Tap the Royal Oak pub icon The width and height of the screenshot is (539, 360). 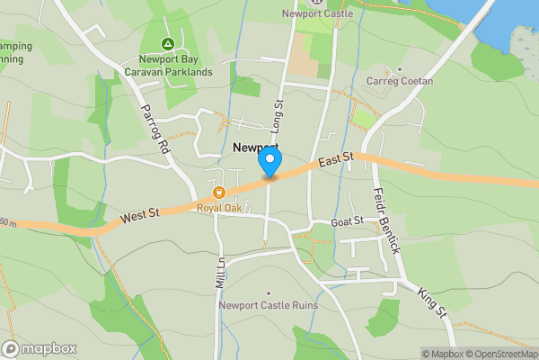pyautogui.click(x=219, y=192)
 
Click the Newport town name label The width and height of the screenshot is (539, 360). pyautogui.click(x=255, y=147)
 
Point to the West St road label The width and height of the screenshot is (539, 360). pyautogui.click(x=141, y=214)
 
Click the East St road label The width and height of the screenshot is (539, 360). pyautogui.click(x=335, y=159)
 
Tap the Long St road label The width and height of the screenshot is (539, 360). pyautogui.click(x=278, y=116)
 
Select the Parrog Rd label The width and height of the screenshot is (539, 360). pyautogui.click(x=155, y=131)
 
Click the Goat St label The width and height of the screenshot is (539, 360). pyautogui.click(x=346, y=220)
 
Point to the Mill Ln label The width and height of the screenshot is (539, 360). pyautogui.click(x=220, y=270)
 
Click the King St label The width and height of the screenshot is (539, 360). pyautogui.click(x=431, y=301)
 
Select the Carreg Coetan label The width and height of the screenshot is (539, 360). pyautogui.click(x=400, y=81)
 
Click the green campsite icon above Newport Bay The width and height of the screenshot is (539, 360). pyautogui.click(x=167, y=43)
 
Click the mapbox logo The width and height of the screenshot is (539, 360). pyautogui.click(x=40, y=348)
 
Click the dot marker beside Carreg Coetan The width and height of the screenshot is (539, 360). pyautogui.click(x=400, y=68)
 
